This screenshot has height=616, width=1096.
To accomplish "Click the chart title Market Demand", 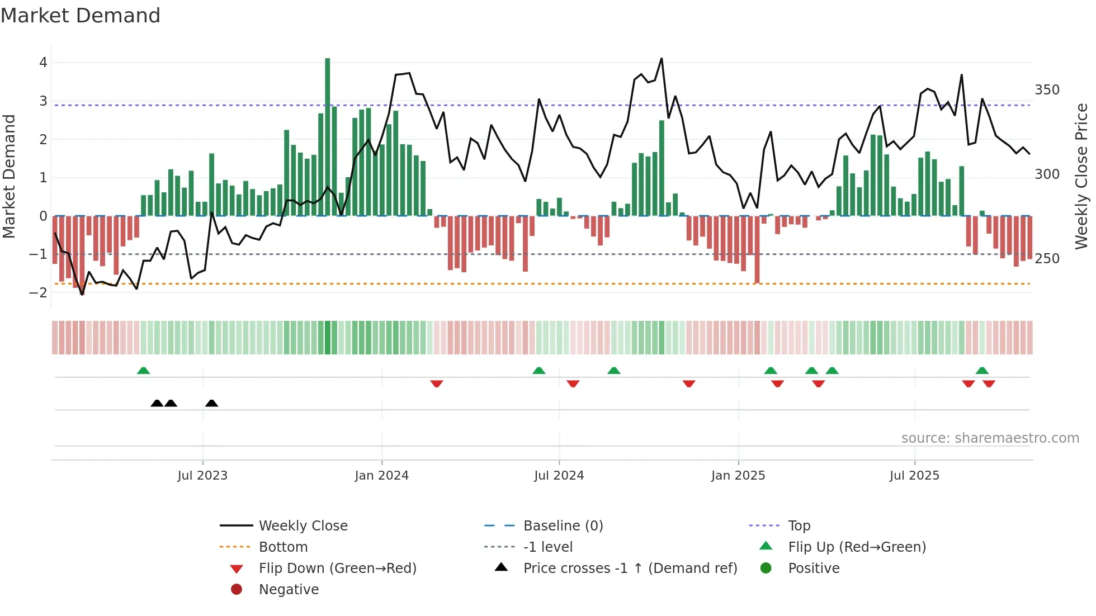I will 81,16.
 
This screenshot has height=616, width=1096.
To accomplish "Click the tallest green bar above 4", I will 327,134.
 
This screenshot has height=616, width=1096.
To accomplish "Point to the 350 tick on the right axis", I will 1047,90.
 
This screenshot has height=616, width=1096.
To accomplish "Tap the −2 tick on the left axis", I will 38,292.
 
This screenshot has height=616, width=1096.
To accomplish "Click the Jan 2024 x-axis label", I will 381,476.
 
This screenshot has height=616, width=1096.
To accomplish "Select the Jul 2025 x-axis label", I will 914,476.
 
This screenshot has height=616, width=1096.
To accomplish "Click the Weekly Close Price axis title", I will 1081,176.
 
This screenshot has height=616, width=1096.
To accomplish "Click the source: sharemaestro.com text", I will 990,438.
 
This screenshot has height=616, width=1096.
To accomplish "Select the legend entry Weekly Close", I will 303,526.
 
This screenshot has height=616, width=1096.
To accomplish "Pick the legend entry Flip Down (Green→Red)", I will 337,568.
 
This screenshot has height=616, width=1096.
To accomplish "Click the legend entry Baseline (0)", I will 563,526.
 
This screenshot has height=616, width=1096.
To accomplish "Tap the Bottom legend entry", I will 283,547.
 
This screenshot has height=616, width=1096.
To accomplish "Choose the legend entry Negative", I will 289,590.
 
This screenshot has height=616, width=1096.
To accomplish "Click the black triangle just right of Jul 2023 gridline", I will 211,404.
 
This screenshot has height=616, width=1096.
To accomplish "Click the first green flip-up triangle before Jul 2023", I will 143,371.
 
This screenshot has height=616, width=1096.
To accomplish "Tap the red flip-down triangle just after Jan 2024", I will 437,383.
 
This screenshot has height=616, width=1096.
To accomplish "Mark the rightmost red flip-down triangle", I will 989,383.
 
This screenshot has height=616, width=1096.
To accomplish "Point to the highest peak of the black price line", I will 662,59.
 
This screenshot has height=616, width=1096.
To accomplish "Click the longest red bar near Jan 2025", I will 757,249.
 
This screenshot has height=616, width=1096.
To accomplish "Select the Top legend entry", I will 799,526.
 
